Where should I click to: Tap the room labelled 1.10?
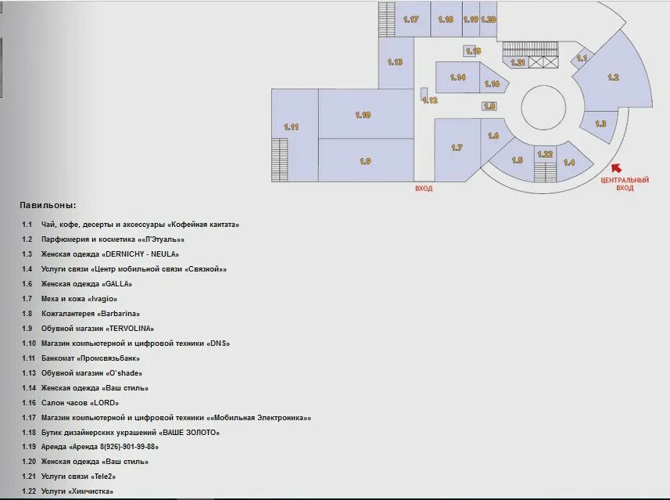click(366, 113)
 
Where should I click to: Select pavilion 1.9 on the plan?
click(366, 160)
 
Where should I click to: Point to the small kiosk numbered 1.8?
click(489, 106)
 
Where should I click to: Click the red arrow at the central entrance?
click(616, 167)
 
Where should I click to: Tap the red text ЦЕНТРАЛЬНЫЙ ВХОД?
click(625, 184)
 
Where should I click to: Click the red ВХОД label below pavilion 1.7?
click(424, 189)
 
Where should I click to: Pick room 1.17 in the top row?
click(412, 19)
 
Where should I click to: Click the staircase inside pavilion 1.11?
click(279, 160)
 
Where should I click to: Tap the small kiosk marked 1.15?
click(470, 51)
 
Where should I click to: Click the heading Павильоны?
click(48, 205)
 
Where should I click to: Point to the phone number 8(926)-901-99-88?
click(127, 447)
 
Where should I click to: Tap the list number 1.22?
click(29, 491)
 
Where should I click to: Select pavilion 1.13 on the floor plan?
click(396, 63)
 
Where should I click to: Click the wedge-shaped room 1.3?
click(600, 125)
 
